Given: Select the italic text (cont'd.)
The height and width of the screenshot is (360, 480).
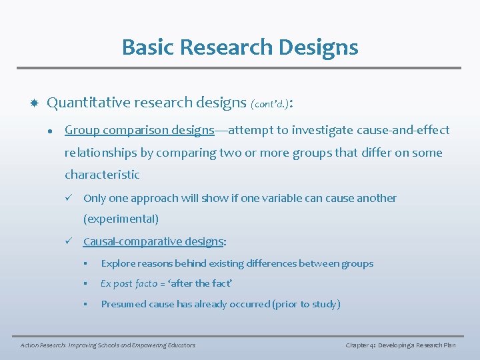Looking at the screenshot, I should pos(270,104).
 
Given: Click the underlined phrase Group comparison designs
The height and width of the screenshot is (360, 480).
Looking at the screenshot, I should pos(139,130).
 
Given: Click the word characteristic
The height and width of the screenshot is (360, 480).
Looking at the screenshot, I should pos(102,175).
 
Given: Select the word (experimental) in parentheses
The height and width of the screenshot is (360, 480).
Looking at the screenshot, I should pos(121,219).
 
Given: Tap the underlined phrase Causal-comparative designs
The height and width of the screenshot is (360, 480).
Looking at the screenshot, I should pos(153,241).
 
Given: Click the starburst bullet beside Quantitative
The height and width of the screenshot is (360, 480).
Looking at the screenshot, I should pos(33,103).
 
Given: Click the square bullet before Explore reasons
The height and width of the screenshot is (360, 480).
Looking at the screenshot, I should pos(86,263).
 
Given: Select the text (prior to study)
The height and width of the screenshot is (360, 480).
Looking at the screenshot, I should pos(306,304).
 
